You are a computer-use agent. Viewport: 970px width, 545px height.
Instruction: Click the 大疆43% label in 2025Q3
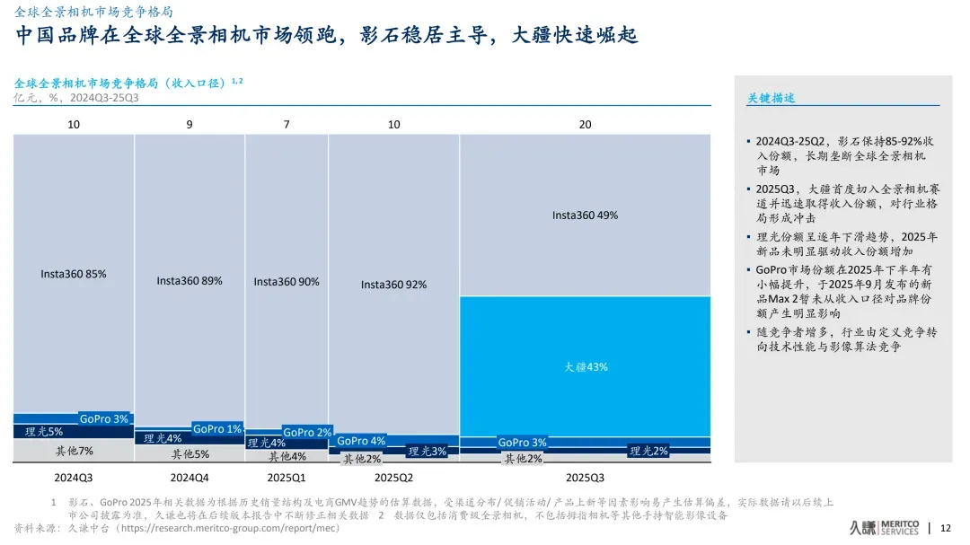tap(586, 366)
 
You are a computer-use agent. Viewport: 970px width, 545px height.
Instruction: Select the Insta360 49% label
tap(585, 215)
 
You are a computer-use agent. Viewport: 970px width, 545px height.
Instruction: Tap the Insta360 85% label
tap(73, 274)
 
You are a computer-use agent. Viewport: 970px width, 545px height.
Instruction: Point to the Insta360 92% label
tap(393, 285)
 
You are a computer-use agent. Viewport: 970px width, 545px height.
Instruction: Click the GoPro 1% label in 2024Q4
tap(217, 429)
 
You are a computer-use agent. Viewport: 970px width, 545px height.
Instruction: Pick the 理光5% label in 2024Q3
tap(43, 432)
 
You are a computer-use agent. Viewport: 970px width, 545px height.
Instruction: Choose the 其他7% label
tap(74, 451)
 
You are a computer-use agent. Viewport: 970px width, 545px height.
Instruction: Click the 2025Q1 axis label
tap(287, 477)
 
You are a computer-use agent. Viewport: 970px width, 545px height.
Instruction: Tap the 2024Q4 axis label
tap(190, 477)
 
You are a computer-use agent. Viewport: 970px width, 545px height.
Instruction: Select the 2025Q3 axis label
tap(585, 477)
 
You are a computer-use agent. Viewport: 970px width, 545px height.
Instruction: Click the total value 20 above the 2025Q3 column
tap(585, 124)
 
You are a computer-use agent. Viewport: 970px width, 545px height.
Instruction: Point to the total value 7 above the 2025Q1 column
tap(287, 124)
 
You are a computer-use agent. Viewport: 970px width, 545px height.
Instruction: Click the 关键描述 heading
tap(772, 98)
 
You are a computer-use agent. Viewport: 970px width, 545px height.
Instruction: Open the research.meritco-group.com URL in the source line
tap(230, 529)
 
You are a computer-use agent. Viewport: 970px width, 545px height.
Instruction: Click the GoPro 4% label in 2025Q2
tap(361, 441)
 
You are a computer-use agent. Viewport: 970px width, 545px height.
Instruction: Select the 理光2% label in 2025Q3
tap(648, 451)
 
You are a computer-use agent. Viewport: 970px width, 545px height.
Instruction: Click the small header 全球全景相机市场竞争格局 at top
tap(94, 12)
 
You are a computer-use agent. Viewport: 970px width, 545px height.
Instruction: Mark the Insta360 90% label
tap(286, 282)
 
